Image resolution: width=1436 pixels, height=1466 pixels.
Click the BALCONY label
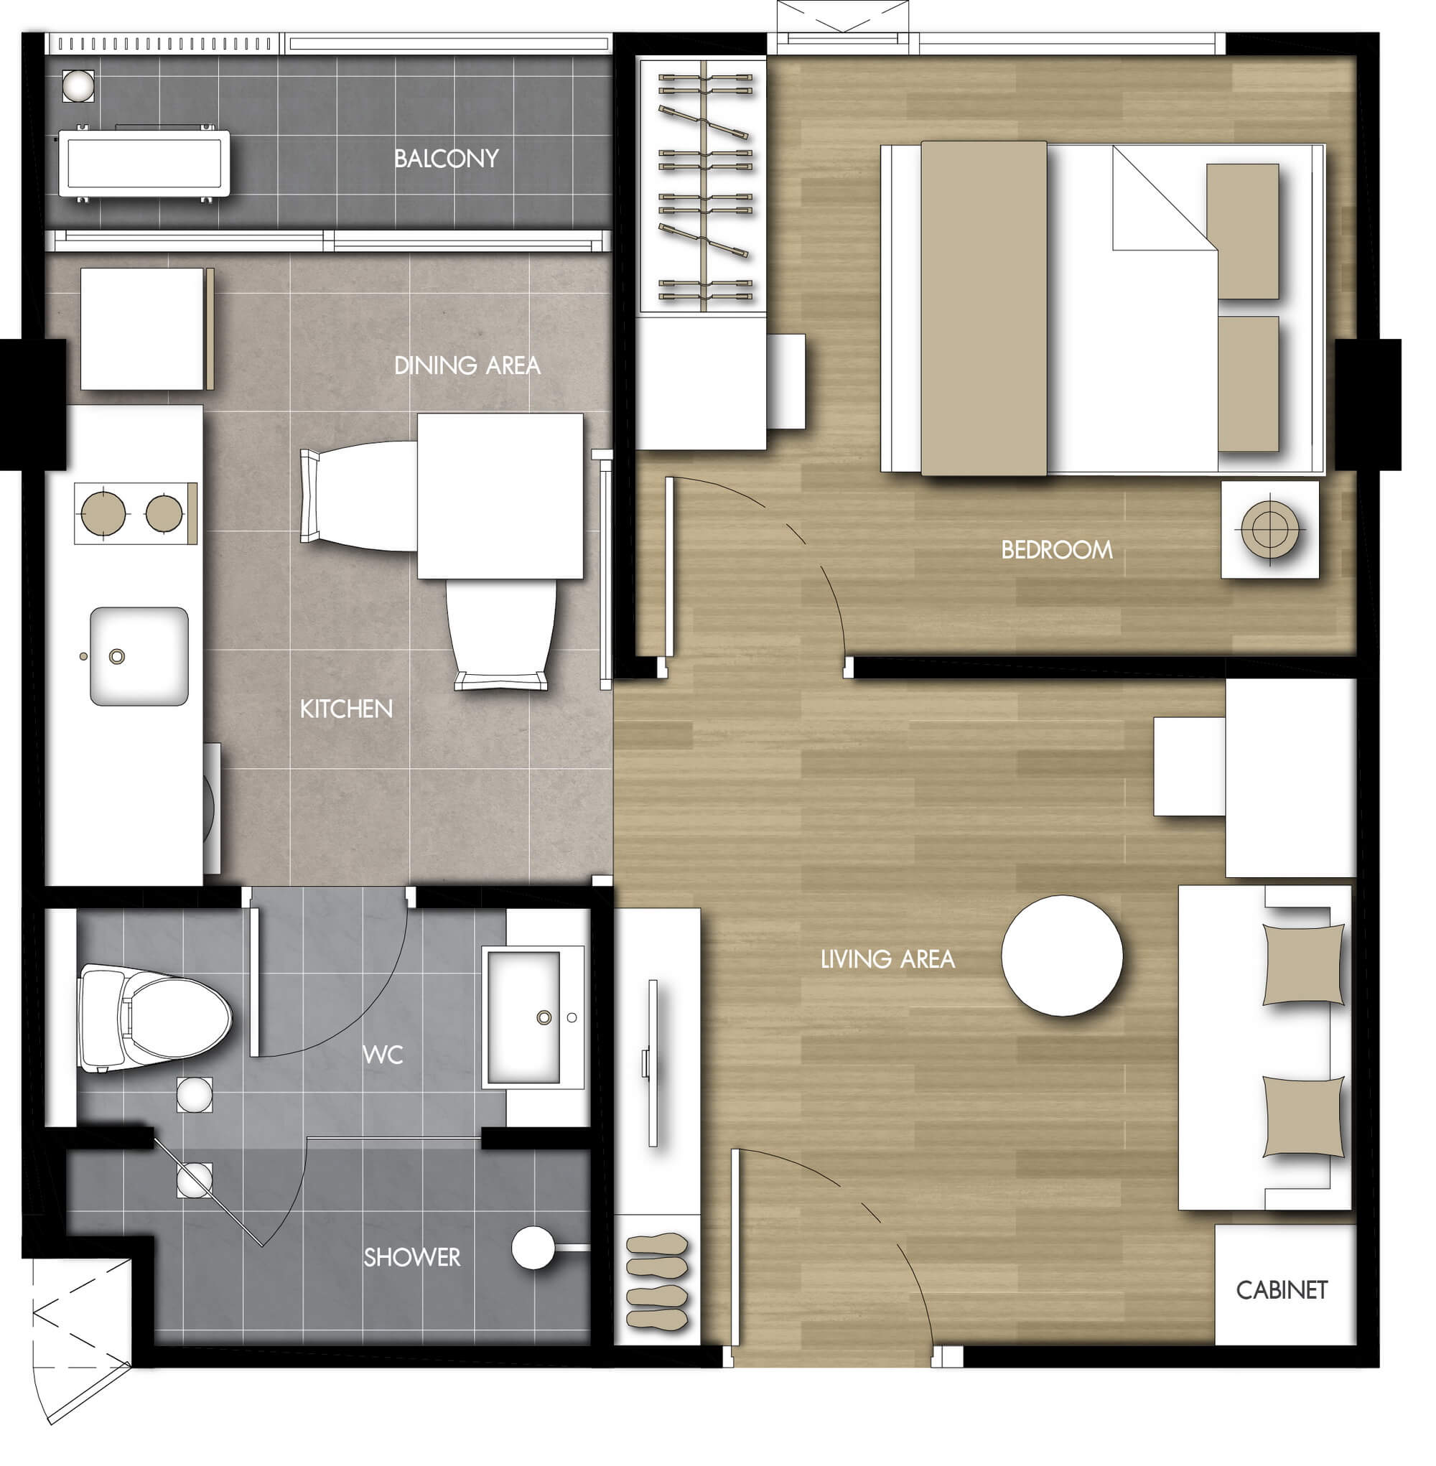[x=446, y=159]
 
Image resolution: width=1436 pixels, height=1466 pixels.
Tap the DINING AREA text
[x=467, y=365]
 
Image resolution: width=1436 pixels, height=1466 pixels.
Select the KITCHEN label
[x=346, y=709]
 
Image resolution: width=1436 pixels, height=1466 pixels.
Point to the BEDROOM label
[x=1057, y=550]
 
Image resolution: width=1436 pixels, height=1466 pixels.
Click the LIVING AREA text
[x=887, y=959]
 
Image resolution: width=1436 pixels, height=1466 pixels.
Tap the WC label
[x=383, y=1054]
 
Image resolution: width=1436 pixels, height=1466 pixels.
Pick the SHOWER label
[x=412, y=1257]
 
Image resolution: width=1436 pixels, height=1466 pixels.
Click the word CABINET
[x=1282, y=1290]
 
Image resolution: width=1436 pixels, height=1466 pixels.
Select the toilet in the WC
[x=154, y=1018]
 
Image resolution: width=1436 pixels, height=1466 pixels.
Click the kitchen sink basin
[x=139, y=656]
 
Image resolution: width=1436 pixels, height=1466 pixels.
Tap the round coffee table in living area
[x=1062, y=956]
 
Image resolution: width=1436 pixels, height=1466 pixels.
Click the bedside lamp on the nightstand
[x=1269, y=528]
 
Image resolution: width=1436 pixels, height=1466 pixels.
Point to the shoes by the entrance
[x=657, y=1281]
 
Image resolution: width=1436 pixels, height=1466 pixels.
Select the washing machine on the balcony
[x=144, y=164]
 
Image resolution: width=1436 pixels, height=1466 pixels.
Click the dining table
[x=500, y=496]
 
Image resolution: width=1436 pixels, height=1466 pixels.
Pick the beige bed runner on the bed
[x=984, y=309]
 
